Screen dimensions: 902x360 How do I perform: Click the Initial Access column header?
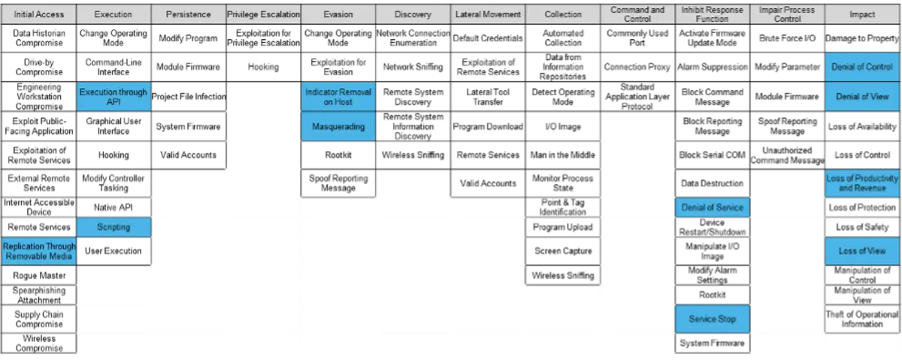click(38, 14)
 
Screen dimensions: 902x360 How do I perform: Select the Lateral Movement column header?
click(488, 14)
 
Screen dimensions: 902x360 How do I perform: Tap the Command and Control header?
click(637, 14)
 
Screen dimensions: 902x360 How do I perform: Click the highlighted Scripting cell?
click(114, 227)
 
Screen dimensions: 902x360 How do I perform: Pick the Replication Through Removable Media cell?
click(38, 251)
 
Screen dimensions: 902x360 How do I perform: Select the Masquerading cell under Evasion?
click(338, 126)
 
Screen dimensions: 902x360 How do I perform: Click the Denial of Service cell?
click(713, 207)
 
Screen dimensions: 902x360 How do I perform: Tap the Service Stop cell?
click(713, 319)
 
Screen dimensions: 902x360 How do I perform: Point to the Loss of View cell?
click(862, 251)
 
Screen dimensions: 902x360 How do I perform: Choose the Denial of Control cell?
click(862, 67)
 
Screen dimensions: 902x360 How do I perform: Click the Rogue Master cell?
click(38, 275)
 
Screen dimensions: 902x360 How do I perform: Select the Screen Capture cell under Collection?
click(563, 251)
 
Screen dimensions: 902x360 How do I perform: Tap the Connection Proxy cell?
click(637, 67)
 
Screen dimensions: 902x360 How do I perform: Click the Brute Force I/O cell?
click(787, 38)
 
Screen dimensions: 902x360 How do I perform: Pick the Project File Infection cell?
click(189, 97)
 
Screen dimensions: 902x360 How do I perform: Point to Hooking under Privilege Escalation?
click(263, 67)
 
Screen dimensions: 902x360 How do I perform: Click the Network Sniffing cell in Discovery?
click(413, 67)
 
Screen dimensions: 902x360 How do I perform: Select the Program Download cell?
click(488, 126)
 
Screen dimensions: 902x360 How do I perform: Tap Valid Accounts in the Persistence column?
click(189, 155)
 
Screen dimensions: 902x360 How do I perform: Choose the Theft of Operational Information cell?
click(862, 319)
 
